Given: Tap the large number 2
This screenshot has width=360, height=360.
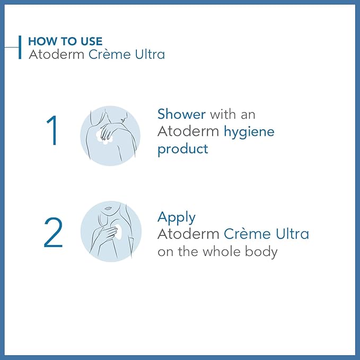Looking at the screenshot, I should (x=53, y=233).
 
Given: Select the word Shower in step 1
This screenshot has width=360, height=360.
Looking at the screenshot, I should (x=182, y=114).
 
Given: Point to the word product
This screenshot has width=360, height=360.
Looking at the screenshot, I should (x=182, y=149).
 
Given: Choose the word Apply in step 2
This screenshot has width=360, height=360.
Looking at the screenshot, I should (x=177, y=218).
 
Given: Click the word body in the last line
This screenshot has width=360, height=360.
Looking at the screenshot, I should (x=260, y=251).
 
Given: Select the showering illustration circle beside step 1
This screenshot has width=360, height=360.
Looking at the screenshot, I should (x=110, y=135).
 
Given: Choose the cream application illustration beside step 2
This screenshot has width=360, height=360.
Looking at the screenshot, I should (x=110, y=231).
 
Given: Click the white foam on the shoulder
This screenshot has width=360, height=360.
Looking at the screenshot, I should (x=107, y=138).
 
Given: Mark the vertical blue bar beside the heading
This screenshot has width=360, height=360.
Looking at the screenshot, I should (x=20, y=47).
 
